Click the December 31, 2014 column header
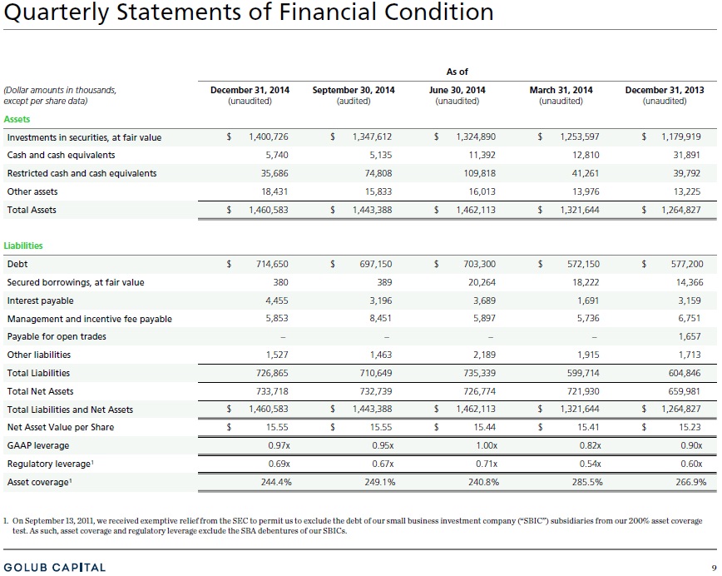pyautogui.click(x=250, y=90)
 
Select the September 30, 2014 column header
pyautogui.click(x=354, y=90)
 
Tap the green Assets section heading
pyautogui.click(x=17, y=119)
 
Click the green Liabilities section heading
pyautogui.click(x=23, y=246)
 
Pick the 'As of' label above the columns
pyautogui.click(x=457, y=72)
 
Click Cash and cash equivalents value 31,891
pyautogui.click(x=686, y=155)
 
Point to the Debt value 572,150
pyautogui.click(x=583, y=264)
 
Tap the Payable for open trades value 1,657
pyautogui.click(x=690, y=336)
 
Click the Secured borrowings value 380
pyautogui.click(x=280, y=282)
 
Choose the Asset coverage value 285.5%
pyautogui.click(x=587, y=482)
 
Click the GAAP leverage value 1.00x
pyautogui.click(x=487, y=445)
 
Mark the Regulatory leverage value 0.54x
pyautogui.click(x=591, y=464)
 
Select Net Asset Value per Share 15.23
pyautogui.click(x=690, y=427)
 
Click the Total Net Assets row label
pyautogui.click(x=40, y=391)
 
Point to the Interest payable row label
pyautogui.click(x=40, y=300)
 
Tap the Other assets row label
pyautogui.click(x=32, y=191)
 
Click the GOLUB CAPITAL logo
pyautogui.click(x=54, y=567)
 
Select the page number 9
pyautogui.click(x=715, y=568)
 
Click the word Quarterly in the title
pyautogui.click(x=57, y=12)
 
